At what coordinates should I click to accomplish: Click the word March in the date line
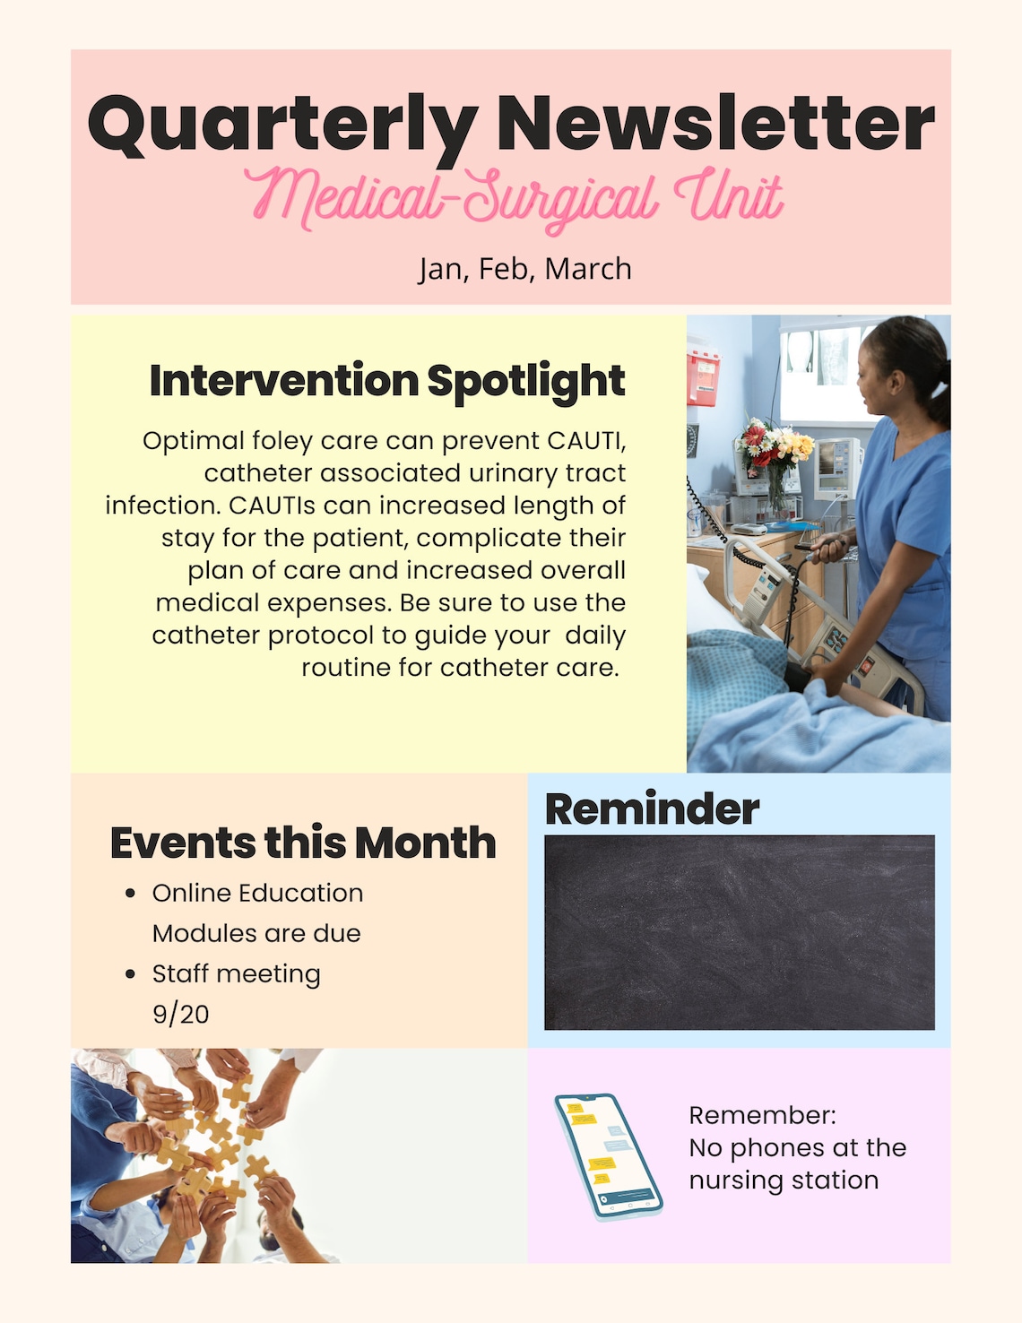pyautogui.click(x=588, y=269)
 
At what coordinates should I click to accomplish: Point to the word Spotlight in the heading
pyautogui.click(x=526, y=383)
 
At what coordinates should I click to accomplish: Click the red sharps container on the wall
pyautogui.click(x=703, y=378)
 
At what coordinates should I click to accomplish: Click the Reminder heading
pyautogui.click(x=652, y=809)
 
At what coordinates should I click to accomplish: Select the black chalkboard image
pyautogui.click(x=740, y=933)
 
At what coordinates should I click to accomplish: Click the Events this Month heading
pyautogui.click(x=303, y=843)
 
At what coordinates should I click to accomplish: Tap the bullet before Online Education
pyautogui.click(x=130, y=894)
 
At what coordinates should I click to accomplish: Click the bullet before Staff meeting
pyautogui.click(x=130, y=974)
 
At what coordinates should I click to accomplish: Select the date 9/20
pyautogui.click(x=181, y=1015)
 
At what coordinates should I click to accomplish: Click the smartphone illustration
pyautogui.click(x=608, y=1157)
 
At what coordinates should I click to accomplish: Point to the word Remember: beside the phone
pyautogui.click(x=763, y=1115)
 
